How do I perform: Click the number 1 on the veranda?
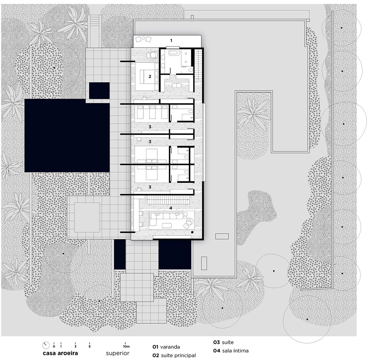171,41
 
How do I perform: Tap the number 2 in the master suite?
150,76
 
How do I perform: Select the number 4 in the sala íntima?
171,208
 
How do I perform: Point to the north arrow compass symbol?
46,345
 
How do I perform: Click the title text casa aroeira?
60,353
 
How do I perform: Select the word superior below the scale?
118,353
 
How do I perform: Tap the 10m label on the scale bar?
126,347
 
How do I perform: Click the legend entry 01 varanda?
166,347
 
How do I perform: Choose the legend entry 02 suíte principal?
174,355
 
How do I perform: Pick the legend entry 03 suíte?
223,342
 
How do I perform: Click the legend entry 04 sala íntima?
231,351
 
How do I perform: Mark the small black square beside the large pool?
99,91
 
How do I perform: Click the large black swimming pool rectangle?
67,135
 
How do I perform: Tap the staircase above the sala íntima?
168,200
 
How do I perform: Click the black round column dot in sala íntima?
192,232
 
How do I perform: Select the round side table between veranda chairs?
143,38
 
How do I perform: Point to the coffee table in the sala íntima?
167,225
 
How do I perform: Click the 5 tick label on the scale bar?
90,347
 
